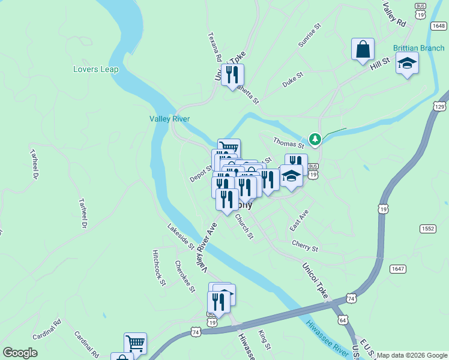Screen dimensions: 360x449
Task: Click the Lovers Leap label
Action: coord(96,69)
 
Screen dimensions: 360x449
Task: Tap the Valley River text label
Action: coord(169,119)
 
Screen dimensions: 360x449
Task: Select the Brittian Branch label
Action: coord(418,48)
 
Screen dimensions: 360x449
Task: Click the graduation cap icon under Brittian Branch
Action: coord(407,63)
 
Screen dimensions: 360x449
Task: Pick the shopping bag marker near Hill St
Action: coord(363,50)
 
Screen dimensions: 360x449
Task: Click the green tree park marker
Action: coord(315,139)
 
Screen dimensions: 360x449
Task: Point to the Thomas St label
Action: coord(289,143)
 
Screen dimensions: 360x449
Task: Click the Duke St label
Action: coord(294,80)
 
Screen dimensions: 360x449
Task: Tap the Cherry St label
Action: coord(304,244)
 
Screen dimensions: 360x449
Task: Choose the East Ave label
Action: coord(298,220)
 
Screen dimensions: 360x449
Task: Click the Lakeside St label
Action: coord(181,236)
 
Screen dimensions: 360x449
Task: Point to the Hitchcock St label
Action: coord(158,267)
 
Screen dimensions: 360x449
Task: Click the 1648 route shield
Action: coord(439,26)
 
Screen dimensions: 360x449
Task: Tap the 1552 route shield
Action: coord(427,229)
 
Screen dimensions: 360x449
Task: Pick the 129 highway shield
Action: coord(439,106)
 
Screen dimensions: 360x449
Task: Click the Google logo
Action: coord(20,353)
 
